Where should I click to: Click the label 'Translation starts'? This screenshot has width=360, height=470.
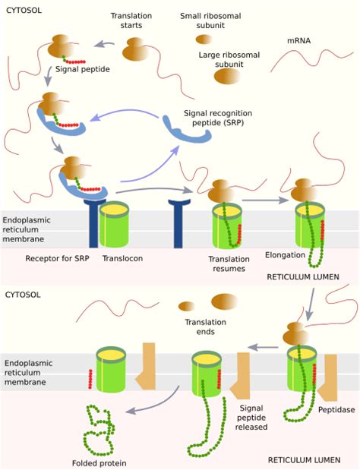pos(131,21)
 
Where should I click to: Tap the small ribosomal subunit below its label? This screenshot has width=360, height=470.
pos(204,39)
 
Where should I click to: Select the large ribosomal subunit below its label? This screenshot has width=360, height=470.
pos(227,76)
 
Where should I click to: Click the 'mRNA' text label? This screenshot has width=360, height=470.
pos(298,41)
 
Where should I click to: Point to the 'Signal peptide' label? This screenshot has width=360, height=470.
pos(83,69)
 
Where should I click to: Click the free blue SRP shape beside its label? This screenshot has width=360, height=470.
pos(187,130)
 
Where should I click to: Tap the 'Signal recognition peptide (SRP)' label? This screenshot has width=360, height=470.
pos(218,118)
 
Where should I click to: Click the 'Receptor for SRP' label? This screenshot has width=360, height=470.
pos(57,258)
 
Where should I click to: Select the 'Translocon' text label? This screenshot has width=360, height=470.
pos(122,258)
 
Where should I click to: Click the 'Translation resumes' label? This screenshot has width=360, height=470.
pos(229,263)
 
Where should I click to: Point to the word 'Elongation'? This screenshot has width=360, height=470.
pos(285,255)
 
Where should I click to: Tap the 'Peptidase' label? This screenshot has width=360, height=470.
pos(336,410)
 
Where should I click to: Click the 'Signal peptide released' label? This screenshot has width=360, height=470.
pos(251,418)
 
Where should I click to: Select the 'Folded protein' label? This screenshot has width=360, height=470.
pos(99,463)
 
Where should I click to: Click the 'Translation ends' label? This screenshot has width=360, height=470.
pos(205,326)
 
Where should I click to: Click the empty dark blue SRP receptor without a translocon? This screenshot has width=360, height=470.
pos(179,223)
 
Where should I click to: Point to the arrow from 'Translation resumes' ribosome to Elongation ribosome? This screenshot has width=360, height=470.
pos(265,200)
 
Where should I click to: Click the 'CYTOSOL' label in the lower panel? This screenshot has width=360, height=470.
pos(23,295)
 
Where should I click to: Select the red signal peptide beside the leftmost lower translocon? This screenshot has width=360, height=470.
pos(90,379)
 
